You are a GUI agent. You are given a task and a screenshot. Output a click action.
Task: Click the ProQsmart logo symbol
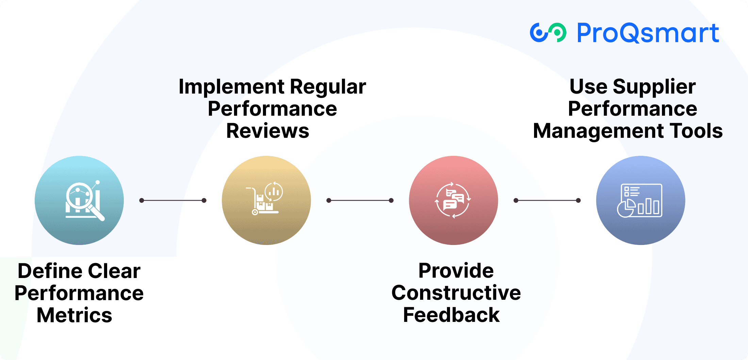click(548, 33)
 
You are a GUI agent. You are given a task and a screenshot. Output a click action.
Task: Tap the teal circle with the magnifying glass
click(79, 200)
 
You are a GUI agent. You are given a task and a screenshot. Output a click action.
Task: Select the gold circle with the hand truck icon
click(266, 200)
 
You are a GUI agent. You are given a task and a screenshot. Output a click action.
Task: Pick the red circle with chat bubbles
click(453, 200)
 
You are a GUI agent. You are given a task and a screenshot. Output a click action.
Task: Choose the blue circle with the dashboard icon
click(641, 200)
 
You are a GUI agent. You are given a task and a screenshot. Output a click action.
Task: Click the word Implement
click(231, 87)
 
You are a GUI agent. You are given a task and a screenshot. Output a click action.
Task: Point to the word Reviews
click(268, 131)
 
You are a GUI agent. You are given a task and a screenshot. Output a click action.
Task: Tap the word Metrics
click(74, 315)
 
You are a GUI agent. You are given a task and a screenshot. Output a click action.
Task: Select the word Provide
click(456, 271)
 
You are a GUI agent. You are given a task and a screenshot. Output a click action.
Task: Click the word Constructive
click(456, 293)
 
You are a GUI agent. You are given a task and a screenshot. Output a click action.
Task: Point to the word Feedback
click(451, 315)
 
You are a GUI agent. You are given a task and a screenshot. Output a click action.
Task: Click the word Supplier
click(654, 87)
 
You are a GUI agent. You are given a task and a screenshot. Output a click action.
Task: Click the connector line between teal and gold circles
click(173, 200)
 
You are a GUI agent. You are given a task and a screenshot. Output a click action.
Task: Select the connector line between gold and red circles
click(360, 200)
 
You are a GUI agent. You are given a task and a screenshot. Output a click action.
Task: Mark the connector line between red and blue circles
click(547, 200)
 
